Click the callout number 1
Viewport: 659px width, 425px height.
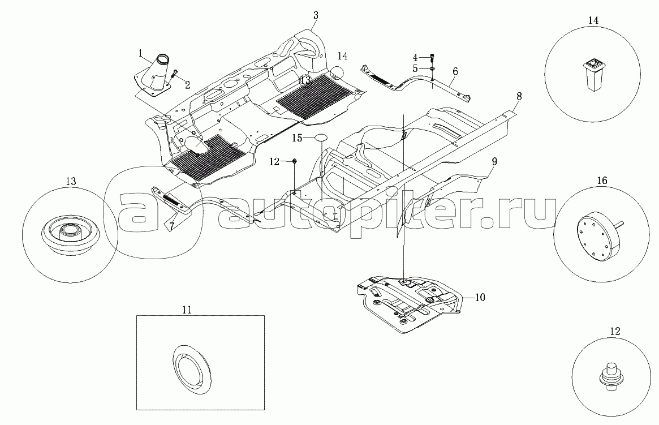(140, 53)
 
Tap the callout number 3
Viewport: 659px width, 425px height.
(316, 15)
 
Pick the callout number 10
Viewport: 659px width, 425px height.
(480, 296)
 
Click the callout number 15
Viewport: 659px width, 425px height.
(298, 138)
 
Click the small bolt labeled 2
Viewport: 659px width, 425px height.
(175, 74)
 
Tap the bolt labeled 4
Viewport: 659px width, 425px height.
(432, 57)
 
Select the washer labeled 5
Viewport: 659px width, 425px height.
(432, 68)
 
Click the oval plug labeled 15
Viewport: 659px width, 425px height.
(321, 138)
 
